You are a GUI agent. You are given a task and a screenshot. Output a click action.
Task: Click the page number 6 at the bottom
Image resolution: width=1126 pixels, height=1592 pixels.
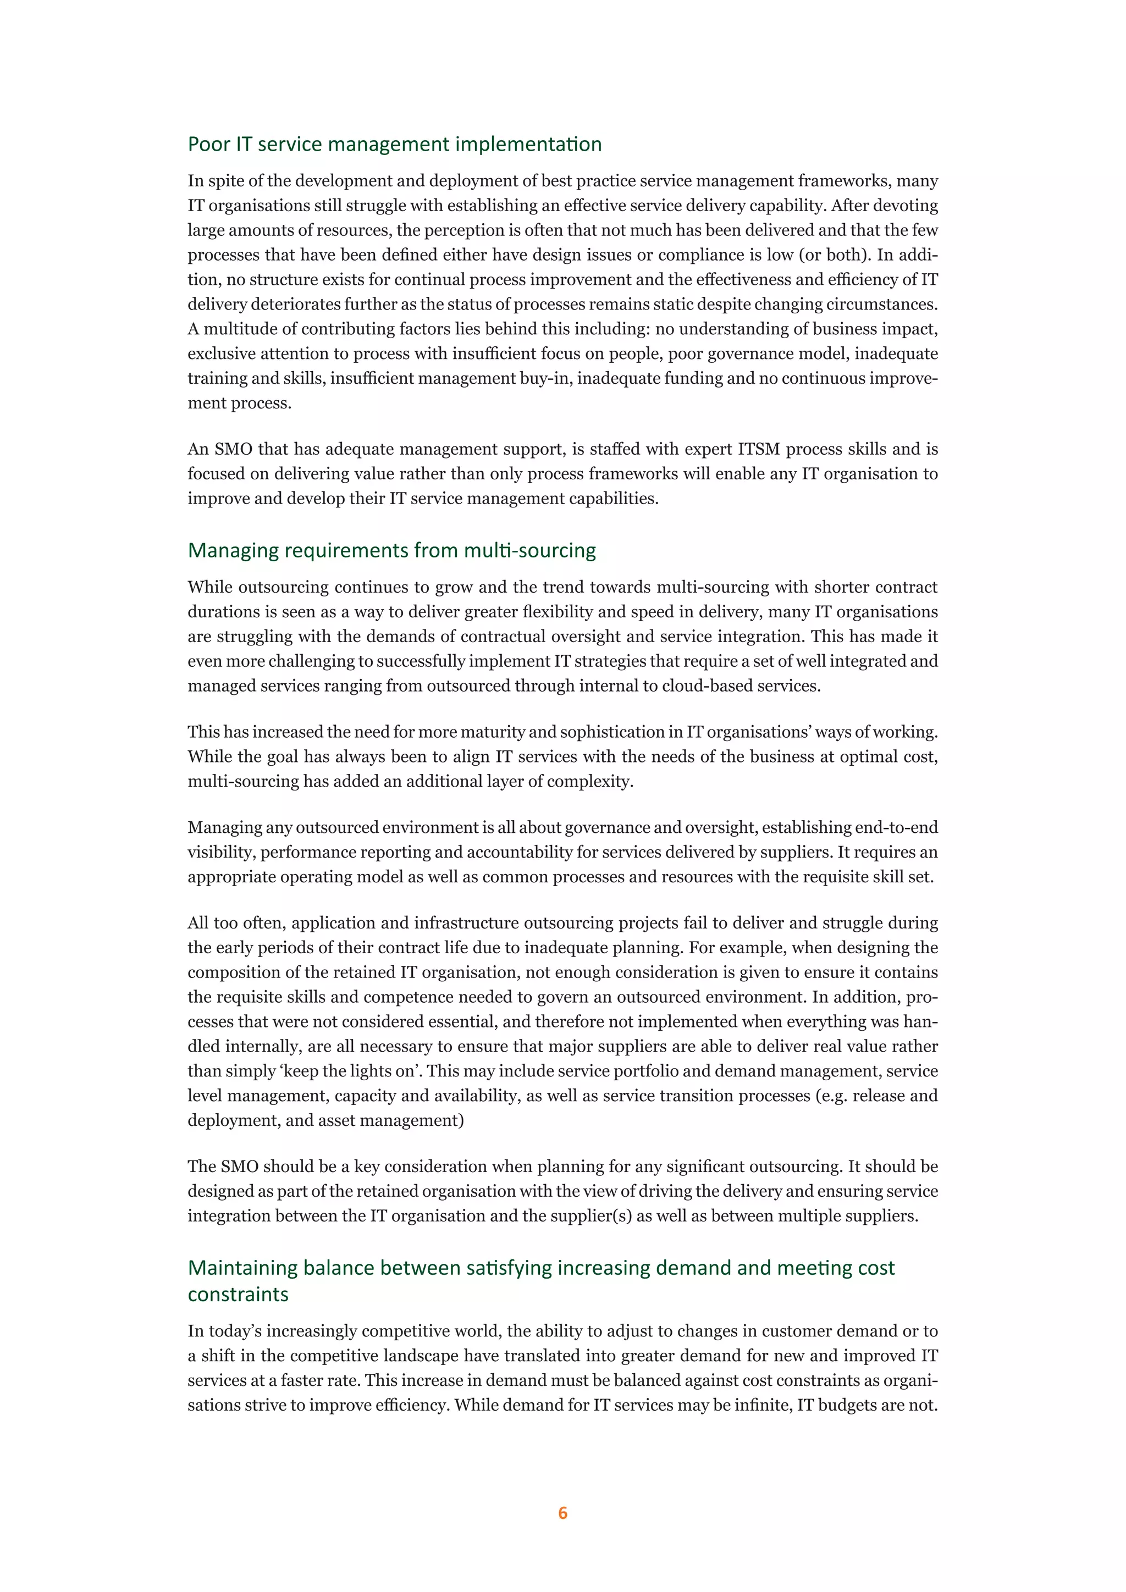(562, 1512)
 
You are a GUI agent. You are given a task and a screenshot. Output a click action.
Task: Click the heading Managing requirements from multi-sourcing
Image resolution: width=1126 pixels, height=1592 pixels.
(392, 550)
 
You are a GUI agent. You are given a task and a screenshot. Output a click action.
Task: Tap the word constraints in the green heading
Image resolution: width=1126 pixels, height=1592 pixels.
(238, 1295)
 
